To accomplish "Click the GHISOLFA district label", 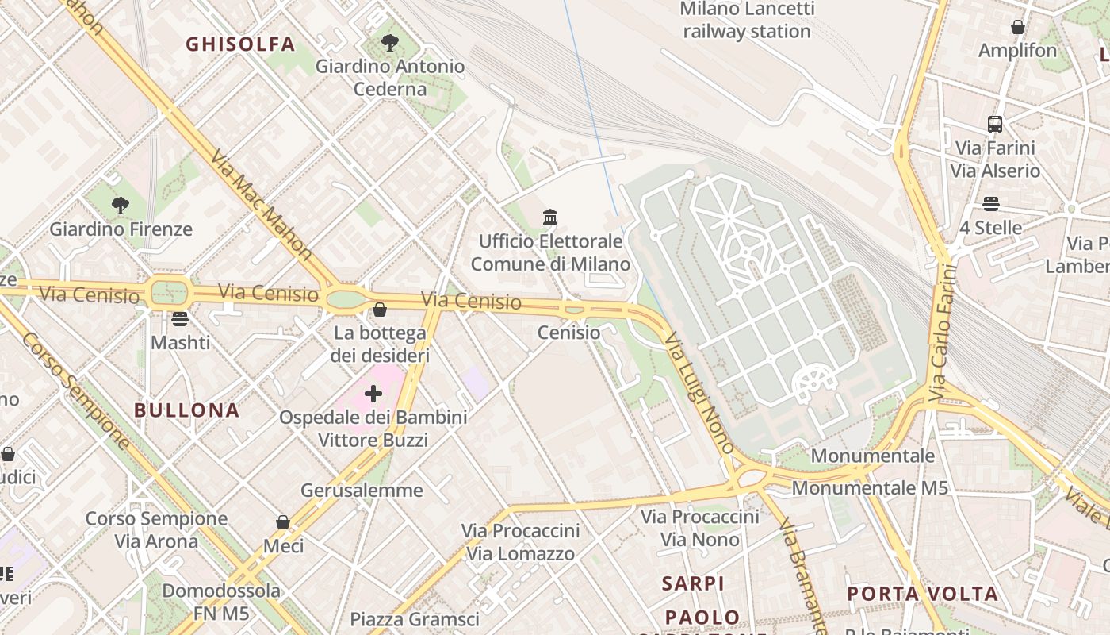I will point(240,44).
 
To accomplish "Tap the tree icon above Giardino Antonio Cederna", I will point(389,42).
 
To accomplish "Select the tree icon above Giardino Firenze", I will point(121,206).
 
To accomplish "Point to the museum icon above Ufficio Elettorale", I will point(550,217).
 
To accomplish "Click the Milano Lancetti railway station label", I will point(747,21).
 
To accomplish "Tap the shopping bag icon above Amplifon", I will point(1018,27).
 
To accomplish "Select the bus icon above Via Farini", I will point(995,124).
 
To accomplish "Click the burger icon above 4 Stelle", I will point(990,204).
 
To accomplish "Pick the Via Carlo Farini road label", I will point(941,333).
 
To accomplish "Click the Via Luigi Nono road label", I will point(700,392).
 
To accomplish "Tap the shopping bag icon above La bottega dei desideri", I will point(380,310).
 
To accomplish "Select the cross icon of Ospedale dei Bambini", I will point(373,393).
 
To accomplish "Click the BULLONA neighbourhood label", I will point(186,410).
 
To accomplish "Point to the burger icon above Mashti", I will point(180,319).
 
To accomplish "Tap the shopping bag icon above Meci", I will point(283,522).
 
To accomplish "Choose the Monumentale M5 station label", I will point(870,488).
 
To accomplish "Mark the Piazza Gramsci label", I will point(415,619).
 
